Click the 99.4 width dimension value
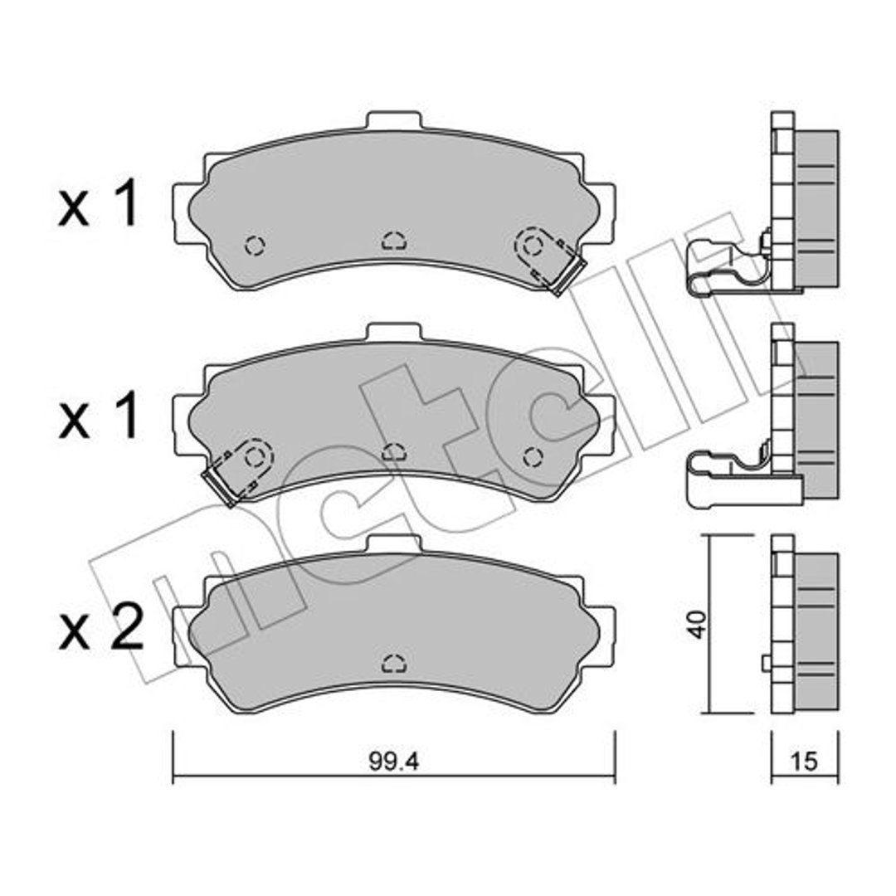click(x=394, y=762)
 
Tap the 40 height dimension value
click(x=698, y=624)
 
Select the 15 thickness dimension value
click(x=803, y=762)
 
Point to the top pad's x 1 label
click(x=98, y=202)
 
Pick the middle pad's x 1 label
click(x=98, y=416)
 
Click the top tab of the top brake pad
click(x=394, y=120)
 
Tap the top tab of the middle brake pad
click(x=394, y=333)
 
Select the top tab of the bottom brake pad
click(x=394, y=543)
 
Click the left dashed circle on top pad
click(x=255, y=246)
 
